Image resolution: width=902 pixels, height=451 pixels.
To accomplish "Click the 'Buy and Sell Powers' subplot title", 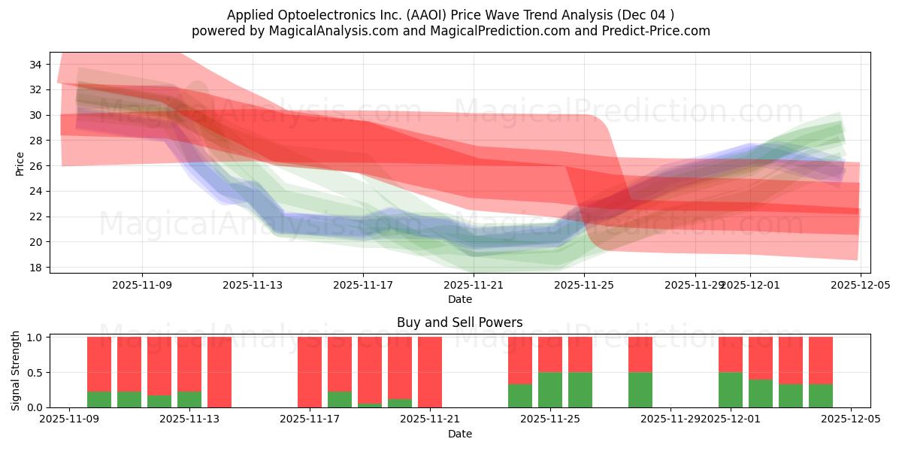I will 460,322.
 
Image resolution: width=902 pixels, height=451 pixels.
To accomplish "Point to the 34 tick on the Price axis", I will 35,65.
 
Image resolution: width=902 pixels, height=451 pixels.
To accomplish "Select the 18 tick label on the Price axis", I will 35,268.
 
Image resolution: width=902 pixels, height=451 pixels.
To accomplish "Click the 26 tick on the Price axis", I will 35,166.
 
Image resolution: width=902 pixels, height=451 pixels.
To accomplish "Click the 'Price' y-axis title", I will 20,164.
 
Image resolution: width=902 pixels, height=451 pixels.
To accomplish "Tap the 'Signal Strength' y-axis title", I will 16,371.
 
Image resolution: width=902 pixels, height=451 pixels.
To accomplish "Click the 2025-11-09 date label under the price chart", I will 142,285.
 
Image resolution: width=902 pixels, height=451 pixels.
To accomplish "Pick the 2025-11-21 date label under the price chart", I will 474,285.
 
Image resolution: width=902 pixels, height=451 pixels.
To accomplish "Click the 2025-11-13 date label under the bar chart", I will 189,419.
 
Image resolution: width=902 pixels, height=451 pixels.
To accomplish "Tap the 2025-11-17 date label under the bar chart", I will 310,419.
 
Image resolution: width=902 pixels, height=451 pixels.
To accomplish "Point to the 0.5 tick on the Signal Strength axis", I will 35,372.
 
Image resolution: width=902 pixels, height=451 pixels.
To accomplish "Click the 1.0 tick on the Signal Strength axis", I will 35,337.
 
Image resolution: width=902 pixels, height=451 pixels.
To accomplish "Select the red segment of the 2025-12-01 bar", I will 731,354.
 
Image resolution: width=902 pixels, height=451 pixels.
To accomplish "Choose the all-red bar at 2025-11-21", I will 430,372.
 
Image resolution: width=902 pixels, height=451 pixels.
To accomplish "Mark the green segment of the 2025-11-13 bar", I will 189,399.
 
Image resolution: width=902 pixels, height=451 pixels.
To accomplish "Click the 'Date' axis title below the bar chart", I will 460,434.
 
